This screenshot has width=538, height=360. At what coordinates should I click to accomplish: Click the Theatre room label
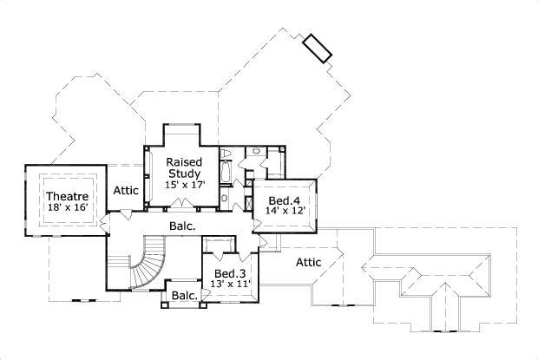[66, 196]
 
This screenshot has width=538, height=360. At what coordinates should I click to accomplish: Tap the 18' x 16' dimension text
[66, 207]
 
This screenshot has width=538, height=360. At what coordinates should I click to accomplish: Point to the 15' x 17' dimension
[184, 185]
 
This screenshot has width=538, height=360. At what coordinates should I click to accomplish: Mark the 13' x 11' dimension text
[230, 284]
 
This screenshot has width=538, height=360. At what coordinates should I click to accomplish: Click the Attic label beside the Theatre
[126, 190]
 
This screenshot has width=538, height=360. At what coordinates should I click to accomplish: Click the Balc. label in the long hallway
[181, 226]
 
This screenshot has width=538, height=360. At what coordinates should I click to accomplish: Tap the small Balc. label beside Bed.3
[183, 296]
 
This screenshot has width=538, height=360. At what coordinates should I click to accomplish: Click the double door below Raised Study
[181, 206]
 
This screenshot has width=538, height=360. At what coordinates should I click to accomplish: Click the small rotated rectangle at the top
[318, 49]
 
